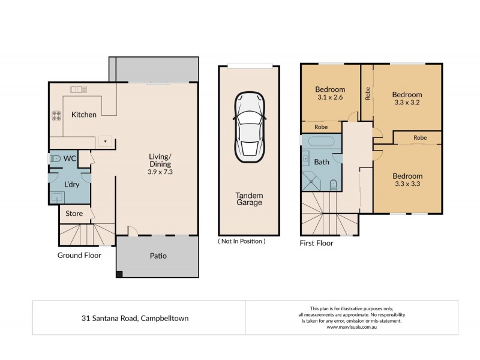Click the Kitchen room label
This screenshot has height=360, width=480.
pos(83,115)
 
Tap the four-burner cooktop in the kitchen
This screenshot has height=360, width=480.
pos(58,115)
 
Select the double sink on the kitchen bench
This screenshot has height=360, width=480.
pos(78,90)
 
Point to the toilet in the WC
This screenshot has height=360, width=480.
pos(56,159)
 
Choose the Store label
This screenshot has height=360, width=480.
pos(74,213)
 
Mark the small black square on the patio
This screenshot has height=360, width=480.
pos(119,274)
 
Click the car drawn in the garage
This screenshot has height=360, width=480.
pos(248,127)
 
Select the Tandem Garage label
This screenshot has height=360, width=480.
pos(248,199)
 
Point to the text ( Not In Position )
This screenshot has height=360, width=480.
pos(242,241)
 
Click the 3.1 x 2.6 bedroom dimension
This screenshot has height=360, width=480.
pos(330,100)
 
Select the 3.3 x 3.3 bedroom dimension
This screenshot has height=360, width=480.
pos(407,185)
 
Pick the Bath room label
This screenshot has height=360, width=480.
pos(322,162)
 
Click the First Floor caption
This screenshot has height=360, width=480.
pos(316,243)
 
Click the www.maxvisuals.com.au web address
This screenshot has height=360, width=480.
pos(352,327)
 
